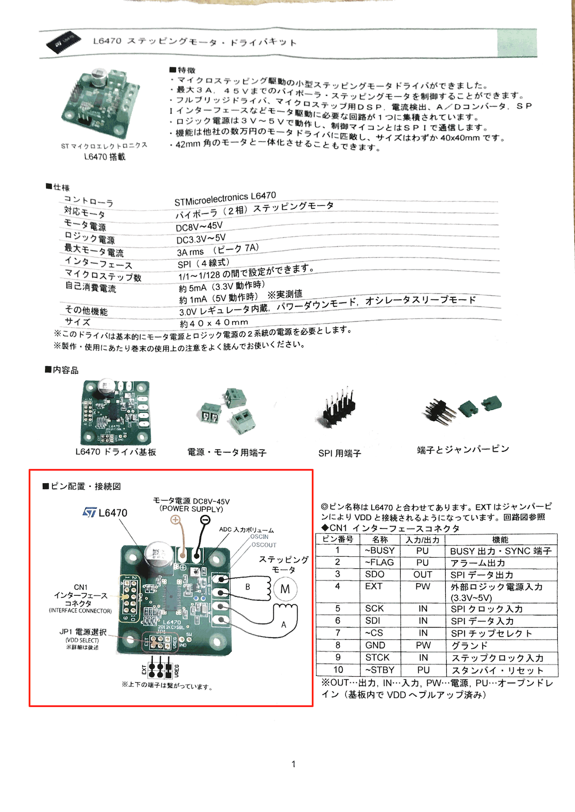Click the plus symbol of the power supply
175,520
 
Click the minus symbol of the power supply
205,520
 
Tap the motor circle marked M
285,589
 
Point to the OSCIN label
259,536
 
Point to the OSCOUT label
264,545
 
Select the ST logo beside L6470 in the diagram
90,513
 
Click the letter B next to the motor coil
247,587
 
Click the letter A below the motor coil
283,625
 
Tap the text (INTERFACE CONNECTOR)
80,611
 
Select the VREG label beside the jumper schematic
177,671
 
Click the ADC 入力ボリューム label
246,529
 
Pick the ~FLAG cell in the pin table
379,562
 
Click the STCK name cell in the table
377,658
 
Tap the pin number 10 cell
338,670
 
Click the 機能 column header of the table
500,539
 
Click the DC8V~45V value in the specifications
199,226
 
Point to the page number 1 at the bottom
294,764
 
